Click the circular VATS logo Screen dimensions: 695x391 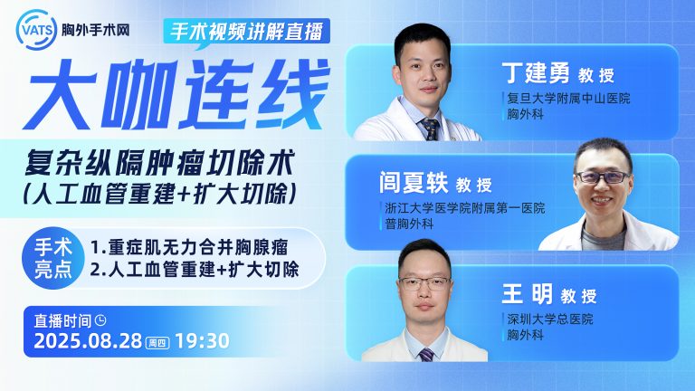pyautogui.click(x=36, y=30)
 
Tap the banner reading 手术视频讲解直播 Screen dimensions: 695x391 pyautogui.click(x=246, y=32)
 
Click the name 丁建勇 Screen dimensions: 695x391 pyautogui.click(x=535, y=73)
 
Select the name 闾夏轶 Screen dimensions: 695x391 pyautogui.click(x=414, y=183)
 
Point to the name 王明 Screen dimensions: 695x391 pyautogui.click(x=527, y=294)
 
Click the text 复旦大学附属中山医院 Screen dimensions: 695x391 pyautogui.click(x=568, y=99)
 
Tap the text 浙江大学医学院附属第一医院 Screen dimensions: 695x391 pyautogui.click(x=465, y=208)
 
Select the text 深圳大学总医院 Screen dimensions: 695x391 pyautogui.click(x=550, y=319)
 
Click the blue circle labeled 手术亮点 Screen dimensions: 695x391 pyautogui.click(x=53, y=258)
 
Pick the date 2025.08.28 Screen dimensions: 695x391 pyautogui.click(x=88, y=341)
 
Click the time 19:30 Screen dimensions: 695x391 pyautogui.click(x=203, y=341)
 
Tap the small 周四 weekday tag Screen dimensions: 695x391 pyautogui.click(x=158, y=342)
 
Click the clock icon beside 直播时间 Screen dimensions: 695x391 pyautogui.click(x=101, y=320)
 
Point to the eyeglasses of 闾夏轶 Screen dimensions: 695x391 pyautogui.click(x=603, y=177)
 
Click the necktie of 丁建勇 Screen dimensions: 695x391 pyautogui.click(x=430, y=129)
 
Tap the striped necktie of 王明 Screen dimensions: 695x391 pyautogui.click(x=426, y=355)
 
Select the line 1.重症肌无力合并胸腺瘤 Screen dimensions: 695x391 pyautogui.click(x=189, y=248)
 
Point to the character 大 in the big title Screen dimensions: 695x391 pyautogui.click(x=61, y=94)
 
